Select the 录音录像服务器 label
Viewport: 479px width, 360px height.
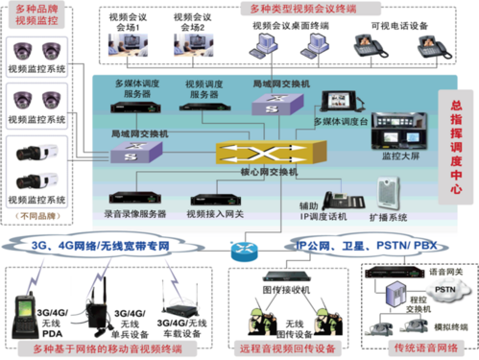point(134,213)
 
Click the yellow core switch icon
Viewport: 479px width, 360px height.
point(260,154)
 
